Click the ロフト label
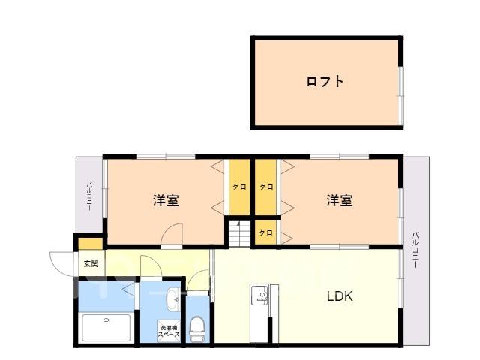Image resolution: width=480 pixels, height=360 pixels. (325, 81)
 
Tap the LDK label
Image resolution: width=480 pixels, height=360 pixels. (339, 295)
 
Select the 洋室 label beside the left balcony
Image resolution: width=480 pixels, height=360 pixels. (166, 201)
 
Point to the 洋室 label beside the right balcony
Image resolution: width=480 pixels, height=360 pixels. (339, 201)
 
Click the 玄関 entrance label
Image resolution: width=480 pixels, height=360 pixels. (91, 264)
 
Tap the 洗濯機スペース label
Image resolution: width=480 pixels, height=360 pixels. (168, 331)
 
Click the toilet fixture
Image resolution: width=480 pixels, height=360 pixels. (197, 327)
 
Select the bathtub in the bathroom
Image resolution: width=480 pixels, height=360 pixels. (107, 328)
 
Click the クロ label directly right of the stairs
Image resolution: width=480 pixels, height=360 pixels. (266, 232)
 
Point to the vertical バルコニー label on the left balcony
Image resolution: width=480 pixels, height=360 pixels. (89, 196)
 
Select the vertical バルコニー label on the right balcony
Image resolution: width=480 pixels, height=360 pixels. (415, 252)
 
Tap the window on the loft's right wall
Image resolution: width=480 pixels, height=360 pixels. (401, 91)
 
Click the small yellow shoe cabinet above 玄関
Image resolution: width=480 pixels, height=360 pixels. (91, 244)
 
